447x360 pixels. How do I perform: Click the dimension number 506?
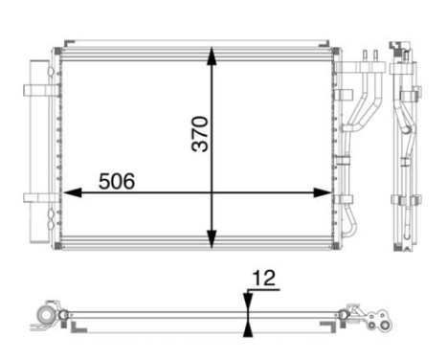[x=114, y=179]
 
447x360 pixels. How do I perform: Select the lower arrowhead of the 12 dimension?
[x=248, y=327]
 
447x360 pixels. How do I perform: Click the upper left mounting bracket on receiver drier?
[x=38, y=91]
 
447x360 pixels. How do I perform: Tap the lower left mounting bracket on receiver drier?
[x=38, y=199]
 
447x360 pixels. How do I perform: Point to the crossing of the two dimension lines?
[x=212, y=192]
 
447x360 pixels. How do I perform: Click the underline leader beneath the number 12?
[x=261, y=290]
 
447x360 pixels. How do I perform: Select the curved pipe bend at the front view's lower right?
[x=352, y=226]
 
